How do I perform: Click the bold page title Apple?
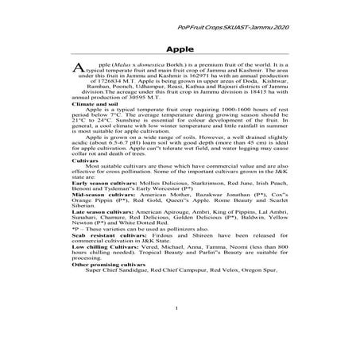tap(180, 49)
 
